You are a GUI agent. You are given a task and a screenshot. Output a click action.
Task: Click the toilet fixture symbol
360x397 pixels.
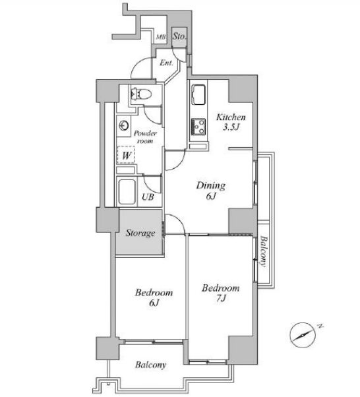coord(141,94)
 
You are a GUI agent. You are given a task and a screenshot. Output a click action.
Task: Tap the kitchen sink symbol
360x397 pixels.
coord(198,95)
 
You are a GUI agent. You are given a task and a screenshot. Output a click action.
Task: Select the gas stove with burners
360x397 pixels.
coord(198,127)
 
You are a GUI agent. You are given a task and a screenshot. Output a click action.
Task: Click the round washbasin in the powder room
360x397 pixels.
coord(124,125)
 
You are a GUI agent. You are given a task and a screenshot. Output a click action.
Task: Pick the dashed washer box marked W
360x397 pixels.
coord(126,155)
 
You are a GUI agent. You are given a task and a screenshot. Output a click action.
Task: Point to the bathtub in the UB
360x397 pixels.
coord(127,192)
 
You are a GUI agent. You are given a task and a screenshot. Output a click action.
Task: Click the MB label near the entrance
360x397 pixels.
coord(160,37)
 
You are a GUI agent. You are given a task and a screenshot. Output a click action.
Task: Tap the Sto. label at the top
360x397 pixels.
coord(179,36)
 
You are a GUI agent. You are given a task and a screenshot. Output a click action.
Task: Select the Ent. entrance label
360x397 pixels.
coord(166,63)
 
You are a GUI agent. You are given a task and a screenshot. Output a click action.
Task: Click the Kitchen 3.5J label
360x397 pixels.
coord(231,122)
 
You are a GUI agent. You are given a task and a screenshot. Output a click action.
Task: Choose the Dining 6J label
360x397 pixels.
coord(211,191)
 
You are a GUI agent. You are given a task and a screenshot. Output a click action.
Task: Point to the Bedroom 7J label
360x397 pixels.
coord(221,293)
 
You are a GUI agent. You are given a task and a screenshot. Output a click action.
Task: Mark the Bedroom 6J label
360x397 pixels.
coord(154,297)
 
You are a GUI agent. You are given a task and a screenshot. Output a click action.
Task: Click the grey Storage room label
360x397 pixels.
coord(140,233)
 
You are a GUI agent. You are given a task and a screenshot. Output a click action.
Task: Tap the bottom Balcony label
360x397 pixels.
coord(150,365)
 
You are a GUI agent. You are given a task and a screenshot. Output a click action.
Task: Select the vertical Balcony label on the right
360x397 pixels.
coord(264,251)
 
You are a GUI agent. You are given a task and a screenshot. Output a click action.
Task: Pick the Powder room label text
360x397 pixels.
coord(145,137)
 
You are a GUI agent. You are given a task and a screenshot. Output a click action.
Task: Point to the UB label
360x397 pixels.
coord(148,197)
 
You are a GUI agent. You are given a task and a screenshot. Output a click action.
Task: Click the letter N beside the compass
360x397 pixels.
coord(320,326)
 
